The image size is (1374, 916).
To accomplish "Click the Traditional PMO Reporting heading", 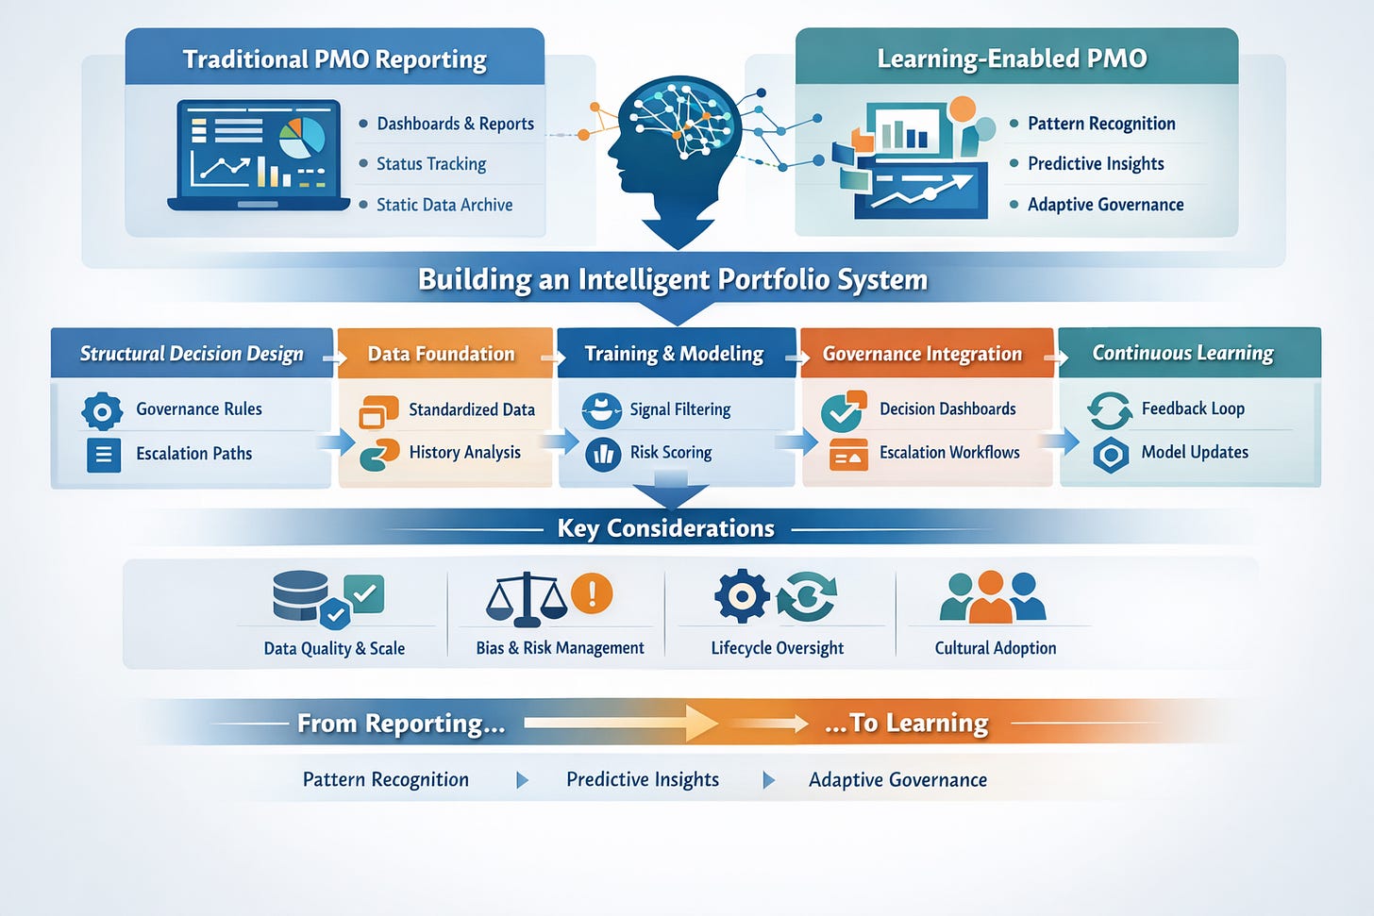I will tap(335, 59).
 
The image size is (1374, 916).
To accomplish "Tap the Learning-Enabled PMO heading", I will tap(1012, 58).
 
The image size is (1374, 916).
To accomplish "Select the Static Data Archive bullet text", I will tap(444, 205).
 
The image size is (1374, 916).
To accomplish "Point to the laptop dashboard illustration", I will tap(258, 154).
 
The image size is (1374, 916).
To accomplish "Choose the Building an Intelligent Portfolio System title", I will tap(673, 280).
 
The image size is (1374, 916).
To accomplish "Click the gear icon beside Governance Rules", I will tap(102, 411).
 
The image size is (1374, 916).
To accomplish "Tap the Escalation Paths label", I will tap(193, 454).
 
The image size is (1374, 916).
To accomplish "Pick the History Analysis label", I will tap(464, 453).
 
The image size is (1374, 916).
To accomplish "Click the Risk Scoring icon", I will tap(602, 454).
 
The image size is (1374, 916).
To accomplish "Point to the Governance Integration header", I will tap(922, 354).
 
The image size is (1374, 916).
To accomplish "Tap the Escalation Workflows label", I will tap(949, 453).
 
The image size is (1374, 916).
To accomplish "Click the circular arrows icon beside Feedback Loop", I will tap(1110, 410).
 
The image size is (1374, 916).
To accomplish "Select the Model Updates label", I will tap(1195, 453).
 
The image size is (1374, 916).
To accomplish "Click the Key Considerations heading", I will tap(666, 528).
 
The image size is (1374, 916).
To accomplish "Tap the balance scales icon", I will tap(526, 598).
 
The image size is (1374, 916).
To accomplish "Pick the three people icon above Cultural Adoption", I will tap(992, 597).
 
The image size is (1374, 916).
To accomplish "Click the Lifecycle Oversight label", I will tap(777, 648).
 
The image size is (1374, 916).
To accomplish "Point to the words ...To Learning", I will tap(906, 724).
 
